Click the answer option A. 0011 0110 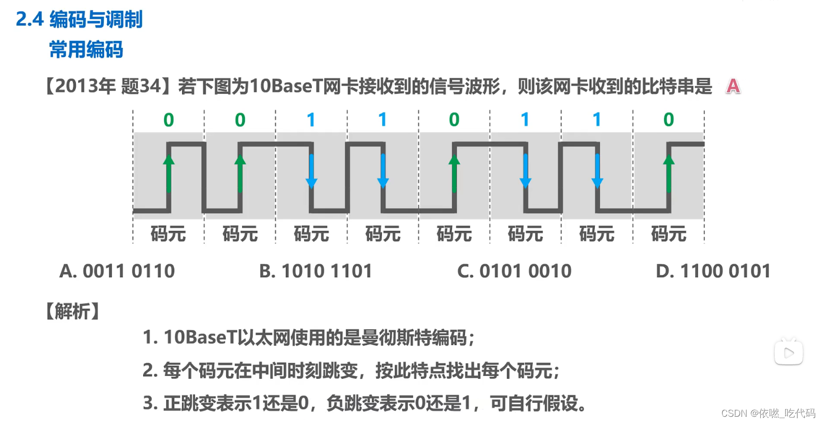pyautogui.click(x=117, y=271)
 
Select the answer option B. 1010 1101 pyautogui.click(x=316, y=271)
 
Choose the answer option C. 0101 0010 pyautogui.click(x=514, y=271)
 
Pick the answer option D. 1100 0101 pyautogui.click(x=713, y=271)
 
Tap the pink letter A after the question pyautogui.click(x=733, y=86)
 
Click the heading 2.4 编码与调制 pyautogui.click(x=79, y=19)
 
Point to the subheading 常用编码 pyautogui.click(x=86, y=50)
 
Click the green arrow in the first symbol pyautogui.click(x=169, y=174)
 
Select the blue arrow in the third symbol pyautogui.click(x=311, y=171)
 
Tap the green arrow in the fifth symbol pyautogui.click(x=454, y=174)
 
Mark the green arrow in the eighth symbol pyautogui.click(x=668, y=174)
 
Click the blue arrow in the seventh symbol pyautogui.click(x=597, y=171)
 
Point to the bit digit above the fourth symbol pyautogui.click(x=382, y=120)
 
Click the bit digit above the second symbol pyautogui.click(x=240, y=120)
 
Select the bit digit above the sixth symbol pyautogui.click(x=525, y=120)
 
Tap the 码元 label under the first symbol pyautogui.click(x=168, y=234)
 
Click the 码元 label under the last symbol pyautogui.click(x=668, y=234)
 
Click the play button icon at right pyautogui.click(x=789, y=353)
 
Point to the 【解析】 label pyautogui.click(x=72, y=311)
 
